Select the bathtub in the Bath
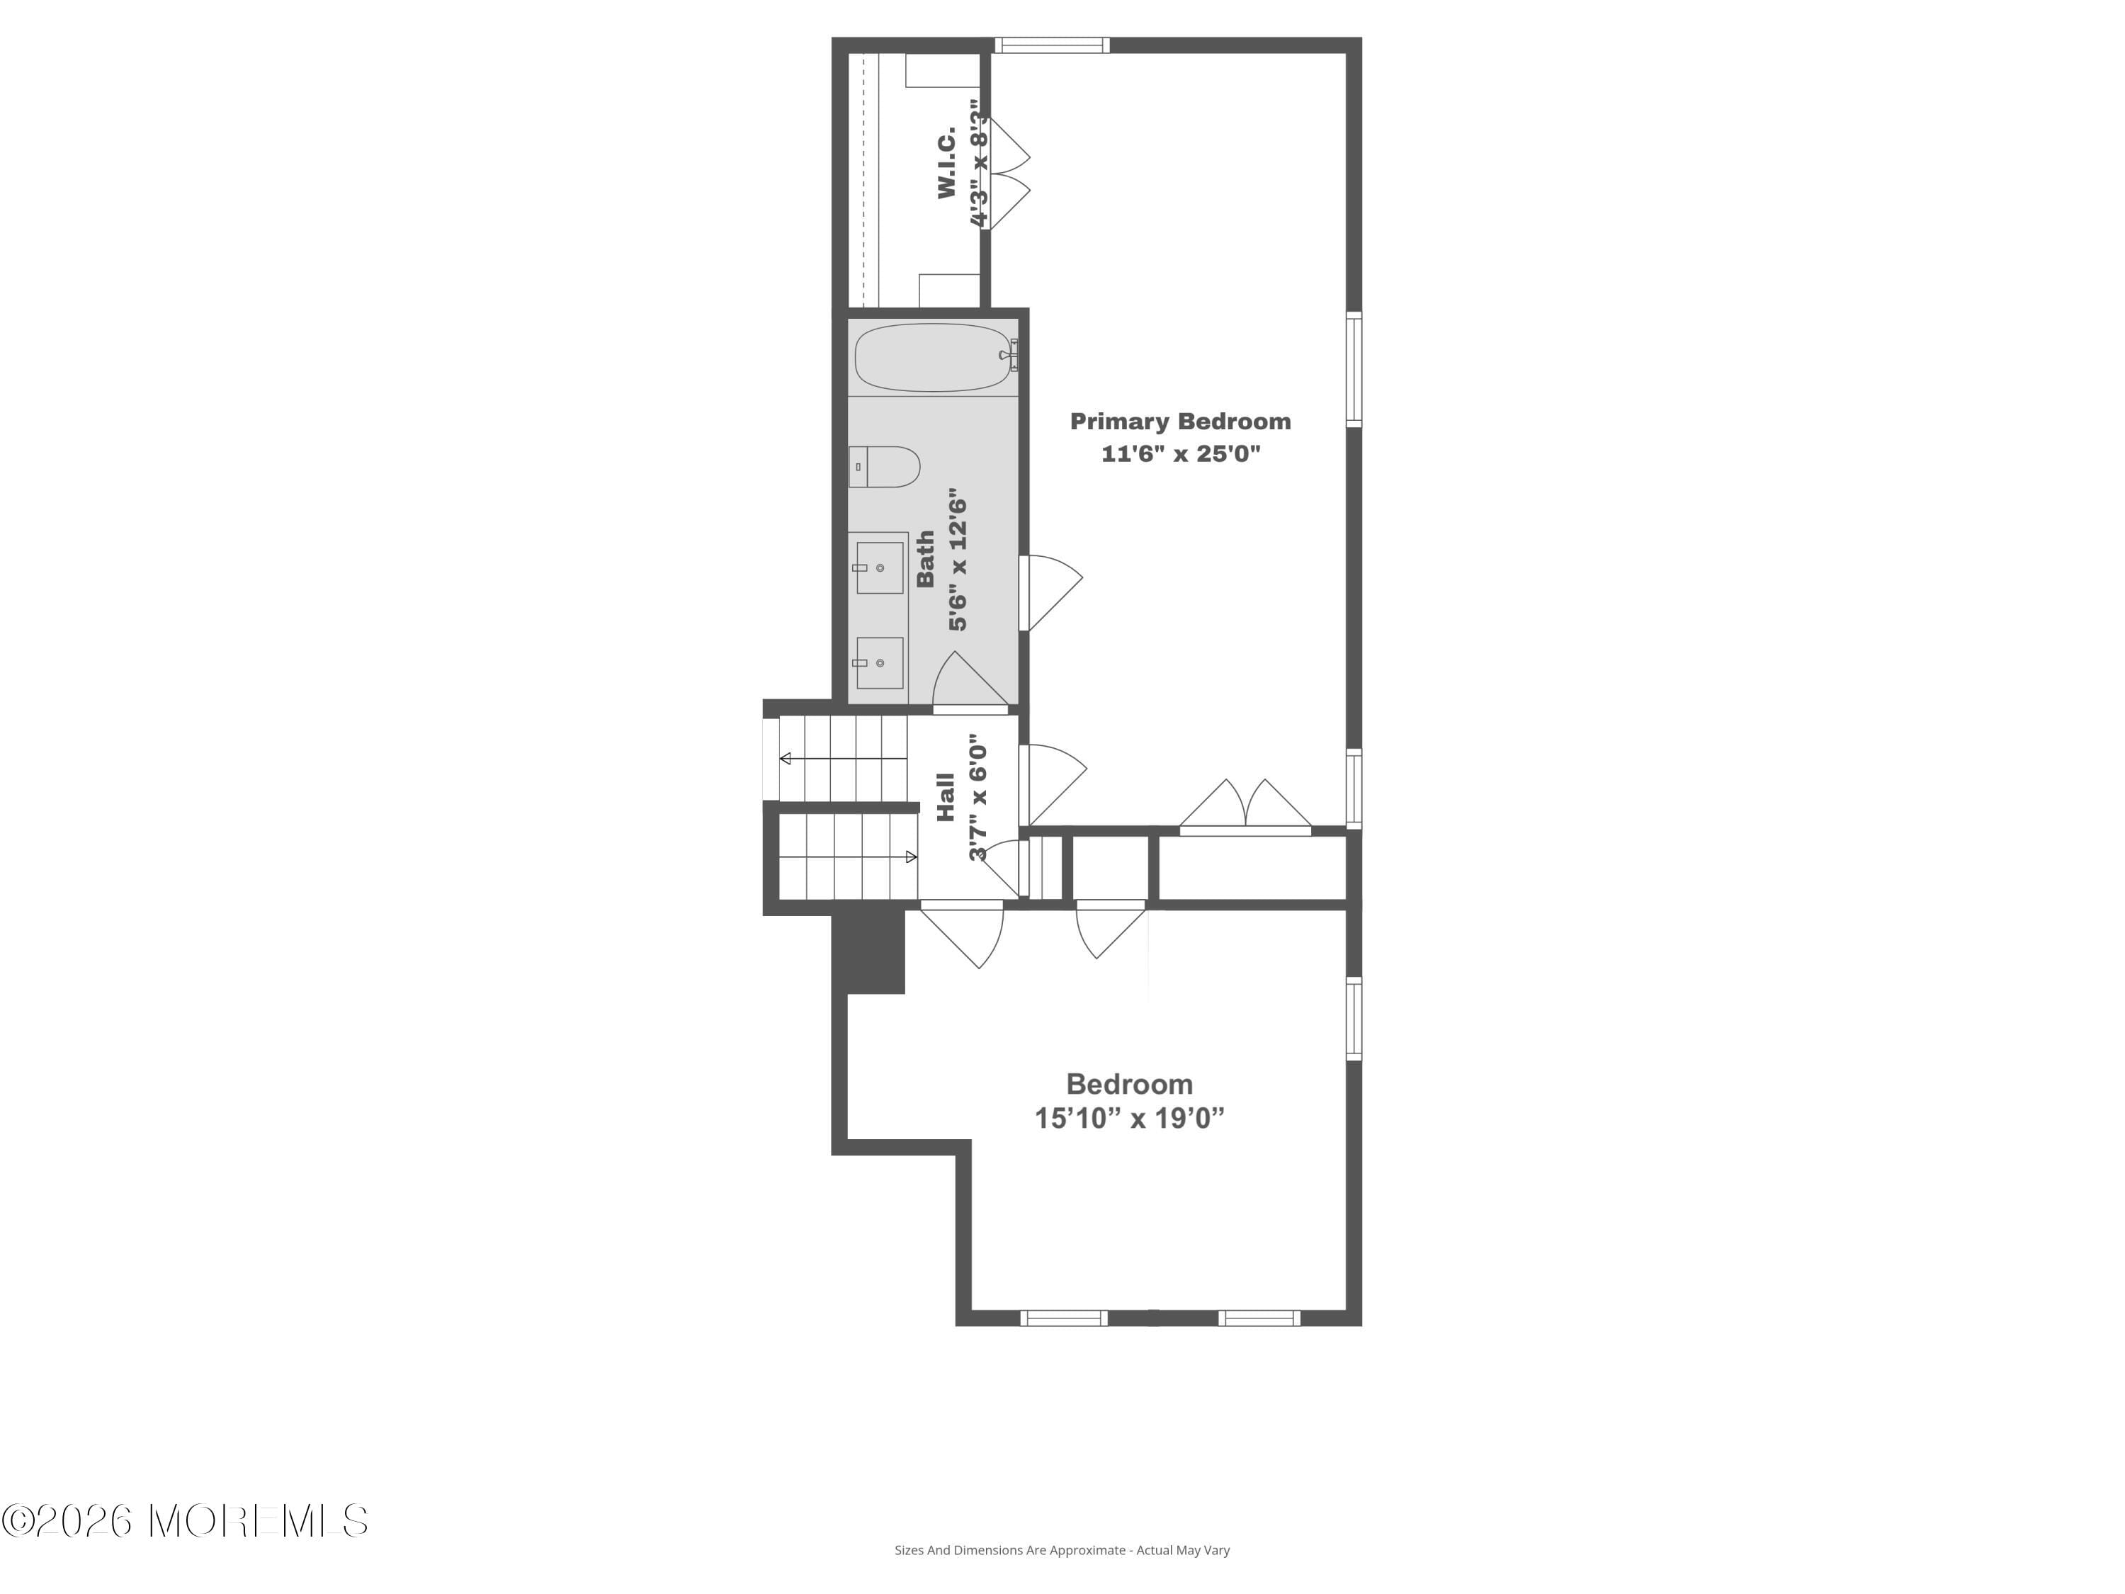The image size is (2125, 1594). [933, 358]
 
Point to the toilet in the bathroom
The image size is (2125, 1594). [884, 467]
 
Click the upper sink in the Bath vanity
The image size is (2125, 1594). [880, 568]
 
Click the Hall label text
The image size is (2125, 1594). [946, 798]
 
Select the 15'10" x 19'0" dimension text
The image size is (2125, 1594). [1130, 1119]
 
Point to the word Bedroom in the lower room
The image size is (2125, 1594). [1130, 1084]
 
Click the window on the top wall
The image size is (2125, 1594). [1052, 45]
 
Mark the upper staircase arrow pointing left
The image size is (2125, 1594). [844, 759]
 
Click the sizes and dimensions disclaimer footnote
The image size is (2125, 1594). [1062, 1550]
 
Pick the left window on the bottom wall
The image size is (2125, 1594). [1063, 1318]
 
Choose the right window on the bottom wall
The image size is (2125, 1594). [1259, 1318]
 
